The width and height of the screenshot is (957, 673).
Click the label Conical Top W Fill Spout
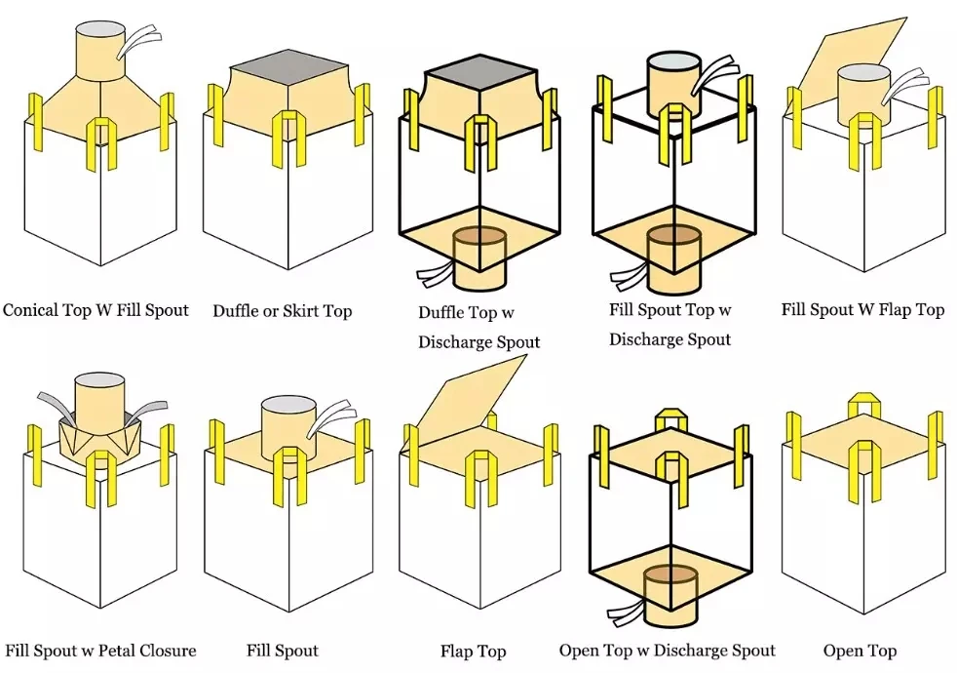(x=96, y=310)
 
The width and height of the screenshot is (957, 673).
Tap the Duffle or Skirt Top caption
(x=283, y=311)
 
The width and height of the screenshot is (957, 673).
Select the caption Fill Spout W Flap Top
(x=862, y=309)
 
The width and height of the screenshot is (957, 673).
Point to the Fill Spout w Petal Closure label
(x=100, y=650)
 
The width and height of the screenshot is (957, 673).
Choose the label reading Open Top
(x=860, y=651)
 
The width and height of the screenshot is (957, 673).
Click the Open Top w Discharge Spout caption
(x=668, y=650)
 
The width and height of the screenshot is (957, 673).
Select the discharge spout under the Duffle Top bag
(x=478, y=257)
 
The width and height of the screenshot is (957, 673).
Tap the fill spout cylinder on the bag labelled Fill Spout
(x=287, y=426)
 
